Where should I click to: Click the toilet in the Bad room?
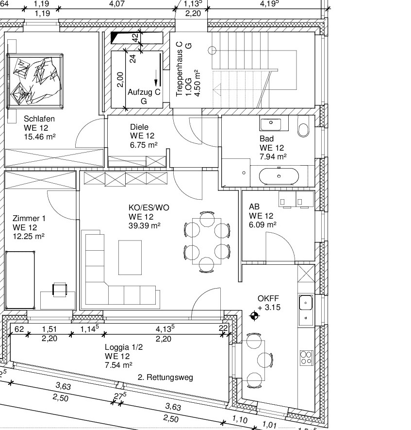(x=303, y=126)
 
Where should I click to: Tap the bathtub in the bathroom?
(x=279, y=176)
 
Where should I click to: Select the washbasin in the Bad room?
(x=271, y=124)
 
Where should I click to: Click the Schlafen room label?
(x=39, y=119)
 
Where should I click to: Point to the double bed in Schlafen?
(x=35, y=81)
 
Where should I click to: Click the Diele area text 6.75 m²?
(x=144, y=145)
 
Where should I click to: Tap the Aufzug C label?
(x=144, y=92)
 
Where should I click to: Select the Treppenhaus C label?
(x=179, y=69)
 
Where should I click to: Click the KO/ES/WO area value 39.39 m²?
(x=144, y=225)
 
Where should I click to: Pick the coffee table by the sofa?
(x=130, y=258)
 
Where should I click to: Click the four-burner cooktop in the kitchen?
(x=306, y=358)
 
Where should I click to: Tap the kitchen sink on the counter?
(x=306, y=303)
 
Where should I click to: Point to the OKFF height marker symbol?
(x=254, y=316)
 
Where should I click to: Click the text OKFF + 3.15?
(x=269, y=303)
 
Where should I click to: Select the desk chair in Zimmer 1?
(x=60, y=290)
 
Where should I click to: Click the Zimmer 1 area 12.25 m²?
(x=29, y=236)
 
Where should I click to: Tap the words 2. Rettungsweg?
(x=165, y=378)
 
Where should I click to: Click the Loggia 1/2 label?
(x=124, y=347)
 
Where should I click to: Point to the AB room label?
(x=254, y=206)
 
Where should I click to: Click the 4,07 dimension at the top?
(x=117, y=3)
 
